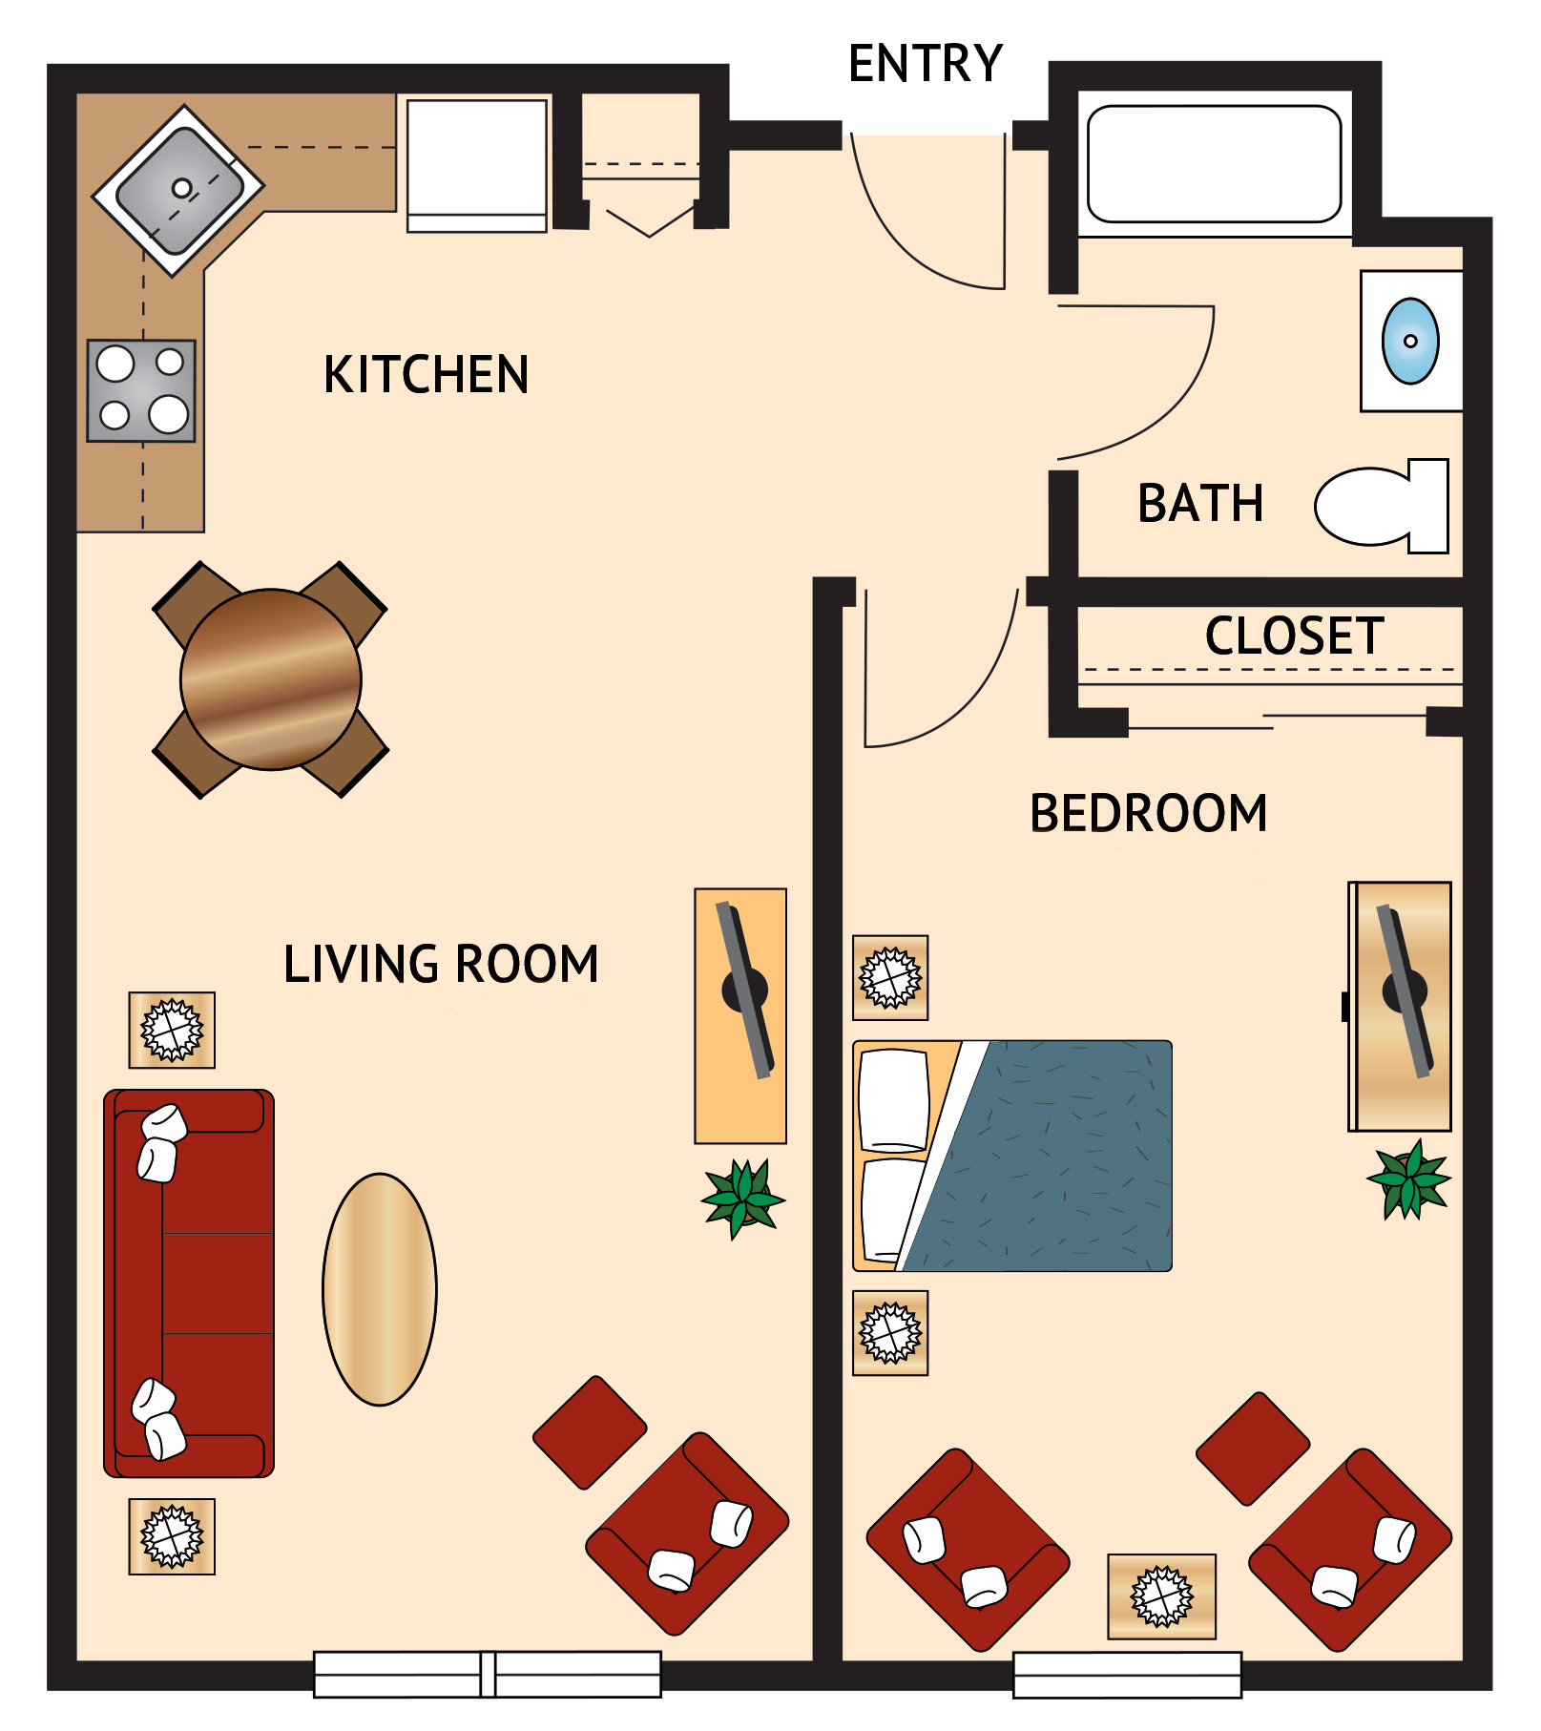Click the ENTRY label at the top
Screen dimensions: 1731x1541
[x=925, y=64]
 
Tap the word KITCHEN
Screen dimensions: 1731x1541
[x=426, y=374]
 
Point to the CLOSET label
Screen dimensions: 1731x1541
[x=1294, y=636]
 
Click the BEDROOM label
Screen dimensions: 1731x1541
[x=1149, y=813]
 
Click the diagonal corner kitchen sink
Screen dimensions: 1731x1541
[x=178, y=191]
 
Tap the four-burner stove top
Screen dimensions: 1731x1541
[x=141, y=390]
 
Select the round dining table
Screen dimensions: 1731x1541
[x=271, y=679]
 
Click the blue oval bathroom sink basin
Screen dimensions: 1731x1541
[x=1410, y=341]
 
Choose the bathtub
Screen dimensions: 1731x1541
[x=1214, y=164]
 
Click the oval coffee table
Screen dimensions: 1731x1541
[x=380, y=1289]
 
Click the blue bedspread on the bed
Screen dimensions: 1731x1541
[x=1059, y=1155]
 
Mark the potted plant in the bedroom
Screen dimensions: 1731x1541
[x=1408, y=1179]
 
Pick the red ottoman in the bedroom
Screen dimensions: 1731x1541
[x=1252, y=1449]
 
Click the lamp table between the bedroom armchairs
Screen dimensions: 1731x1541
[x=1161, y=1595]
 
